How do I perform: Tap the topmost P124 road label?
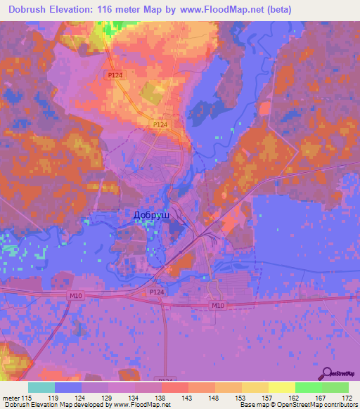(115, 74)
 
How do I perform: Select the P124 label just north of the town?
(161, 124)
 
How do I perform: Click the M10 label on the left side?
(76, 295)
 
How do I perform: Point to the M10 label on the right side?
(218, 305)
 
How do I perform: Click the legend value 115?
(26, 398)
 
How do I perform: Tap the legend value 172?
(347, 398)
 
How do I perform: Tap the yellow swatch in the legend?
(282, 387)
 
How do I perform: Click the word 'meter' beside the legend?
(11, 398)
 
